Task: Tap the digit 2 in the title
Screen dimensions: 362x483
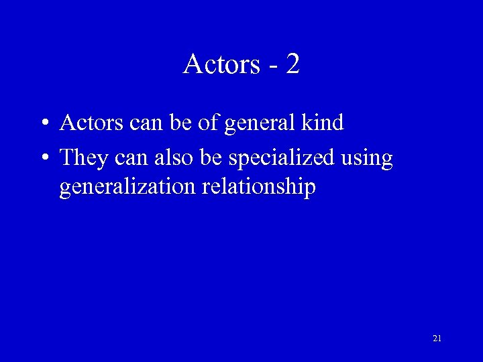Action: (x=292, y=64)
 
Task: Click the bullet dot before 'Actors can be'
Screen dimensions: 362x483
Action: (x=44, y=124)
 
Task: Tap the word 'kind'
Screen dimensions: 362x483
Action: (x=323, y=123)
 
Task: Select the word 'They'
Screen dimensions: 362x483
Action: (x=83, y=158)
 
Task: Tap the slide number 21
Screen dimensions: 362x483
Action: (x=437, y=339)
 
